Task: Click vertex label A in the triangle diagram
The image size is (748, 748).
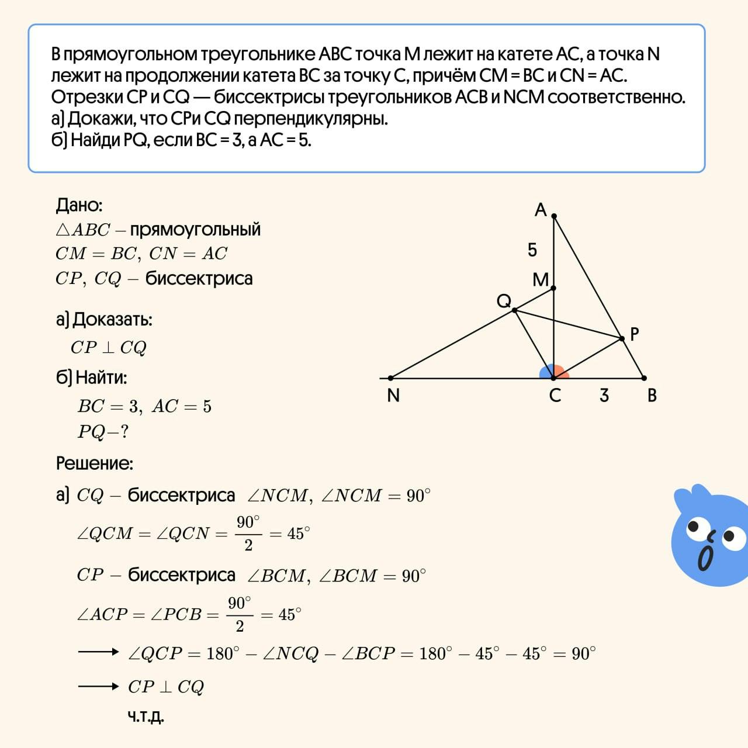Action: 541,210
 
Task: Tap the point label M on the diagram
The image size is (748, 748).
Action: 541,280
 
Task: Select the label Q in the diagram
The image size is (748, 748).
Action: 504,301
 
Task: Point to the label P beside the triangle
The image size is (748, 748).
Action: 634,334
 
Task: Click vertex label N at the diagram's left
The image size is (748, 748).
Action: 393,396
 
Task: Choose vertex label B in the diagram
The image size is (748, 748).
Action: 652,396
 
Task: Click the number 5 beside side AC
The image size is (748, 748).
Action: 532,250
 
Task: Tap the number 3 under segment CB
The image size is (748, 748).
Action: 604,396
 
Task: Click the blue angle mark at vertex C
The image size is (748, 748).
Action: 546,372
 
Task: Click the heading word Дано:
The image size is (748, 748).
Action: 79,205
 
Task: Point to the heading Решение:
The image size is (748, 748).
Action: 95,463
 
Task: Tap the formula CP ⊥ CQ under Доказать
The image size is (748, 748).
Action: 108,348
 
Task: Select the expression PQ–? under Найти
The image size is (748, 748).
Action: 103,432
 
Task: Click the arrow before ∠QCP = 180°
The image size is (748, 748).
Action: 98,652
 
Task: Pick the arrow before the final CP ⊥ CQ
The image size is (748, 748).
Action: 98,686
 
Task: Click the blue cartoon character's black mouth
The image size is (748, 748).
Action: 706,559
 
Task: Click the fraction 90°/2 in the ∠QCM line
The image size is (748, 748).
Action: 248,533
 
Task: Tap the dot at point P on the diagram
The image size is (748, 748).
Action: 622,338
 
